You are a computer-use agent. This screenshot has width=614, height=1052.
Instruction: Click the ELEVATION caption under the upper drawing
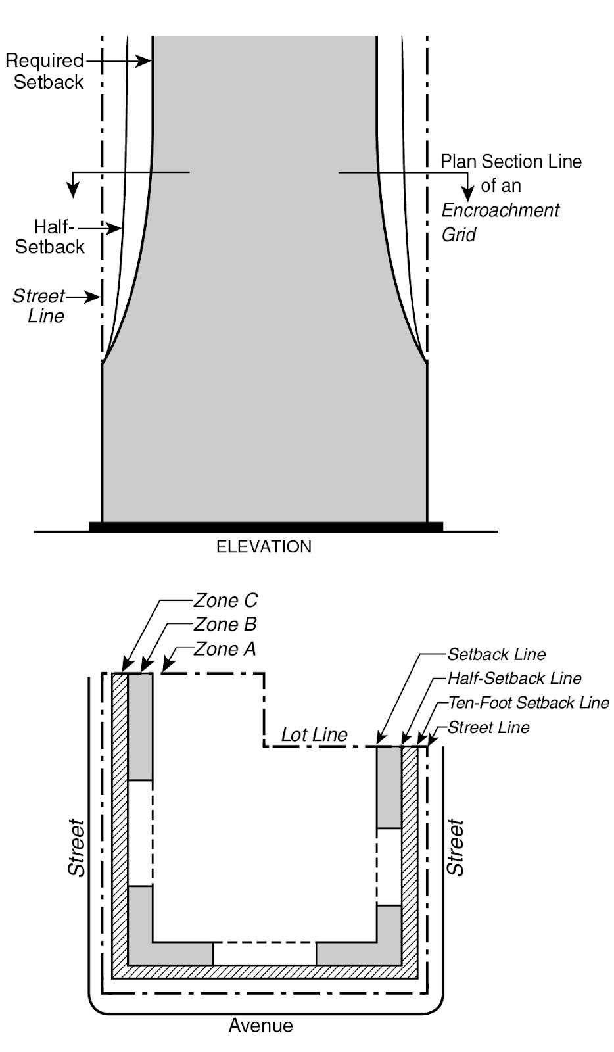click(264, 547)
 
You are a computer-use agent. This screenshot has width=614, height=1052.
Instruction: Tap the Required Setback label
click(45, 72)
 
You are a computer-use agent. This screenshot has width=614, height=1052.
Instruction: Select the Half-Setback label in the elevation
click(51, 237)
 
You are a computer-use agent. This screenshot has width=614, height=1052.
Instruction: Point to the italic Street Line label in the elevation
click(39, 306)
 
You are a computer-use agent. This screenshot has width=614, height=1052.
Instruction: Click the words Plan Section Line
click(511, 162)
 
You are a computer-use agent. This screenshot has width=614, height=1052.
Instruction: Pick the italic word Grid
click(458, 235)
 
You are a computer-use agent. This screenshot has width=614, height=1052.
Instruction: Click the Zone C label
click(225, 600)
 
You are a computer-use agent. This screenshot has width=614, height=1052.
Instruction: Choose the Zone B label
click(225, 624)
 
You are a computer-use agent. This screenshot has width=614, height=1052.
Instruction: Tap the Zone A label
click(225, 649)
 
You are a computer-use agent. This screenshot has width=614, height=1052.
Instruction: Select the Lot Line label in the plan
click(314, 735)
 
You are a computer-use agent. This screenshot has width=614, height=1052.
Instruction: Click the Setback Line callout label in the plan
click(496, 654)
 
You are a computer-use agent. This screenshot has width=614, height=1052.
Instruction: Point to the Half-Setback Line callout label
click(514, 678)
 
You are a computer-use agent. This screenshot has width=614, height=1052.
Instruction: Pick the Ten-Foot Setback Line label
click(529, 703)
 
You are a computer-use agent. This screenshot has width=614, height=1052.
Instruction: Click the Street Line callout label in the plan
click(488, 727)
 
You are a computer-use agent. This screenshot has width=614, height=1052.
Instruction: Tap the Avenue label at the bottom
click(261, 1026)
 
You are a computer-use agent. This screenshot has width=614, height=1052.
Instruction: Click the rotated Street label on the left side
click(77, 848)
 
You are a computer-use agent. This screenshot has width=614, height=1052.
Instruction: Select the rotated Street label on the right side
click(456, 848)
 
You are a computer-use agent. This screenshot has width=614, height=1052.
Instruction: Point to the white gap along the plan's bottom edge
click(264, 953)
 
